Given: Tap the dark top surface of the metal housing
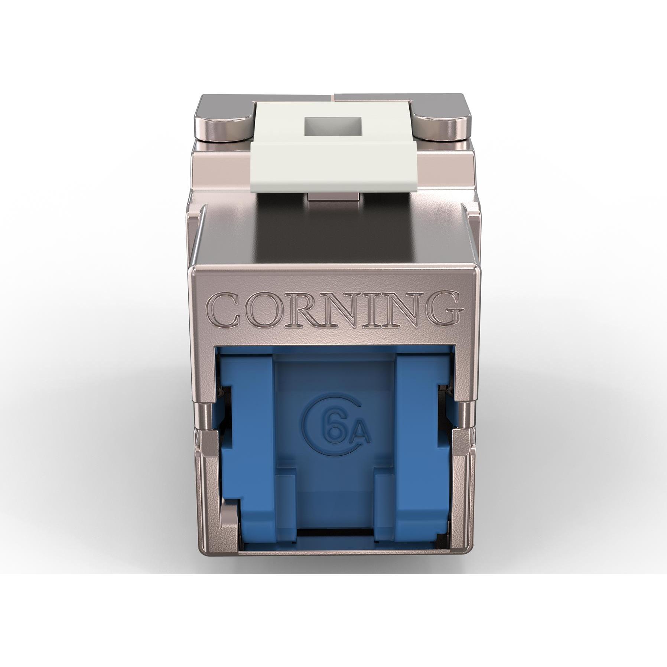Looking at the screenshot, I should [333, 234].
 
